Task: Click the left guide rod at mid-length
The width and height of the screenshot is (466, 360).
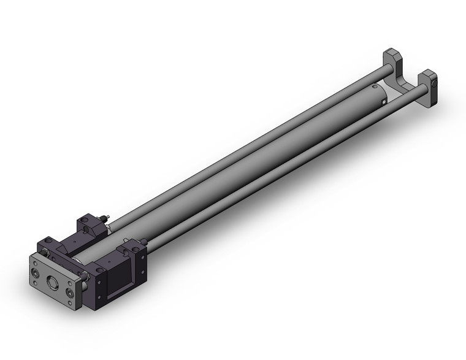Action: [x=245, y=142]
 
